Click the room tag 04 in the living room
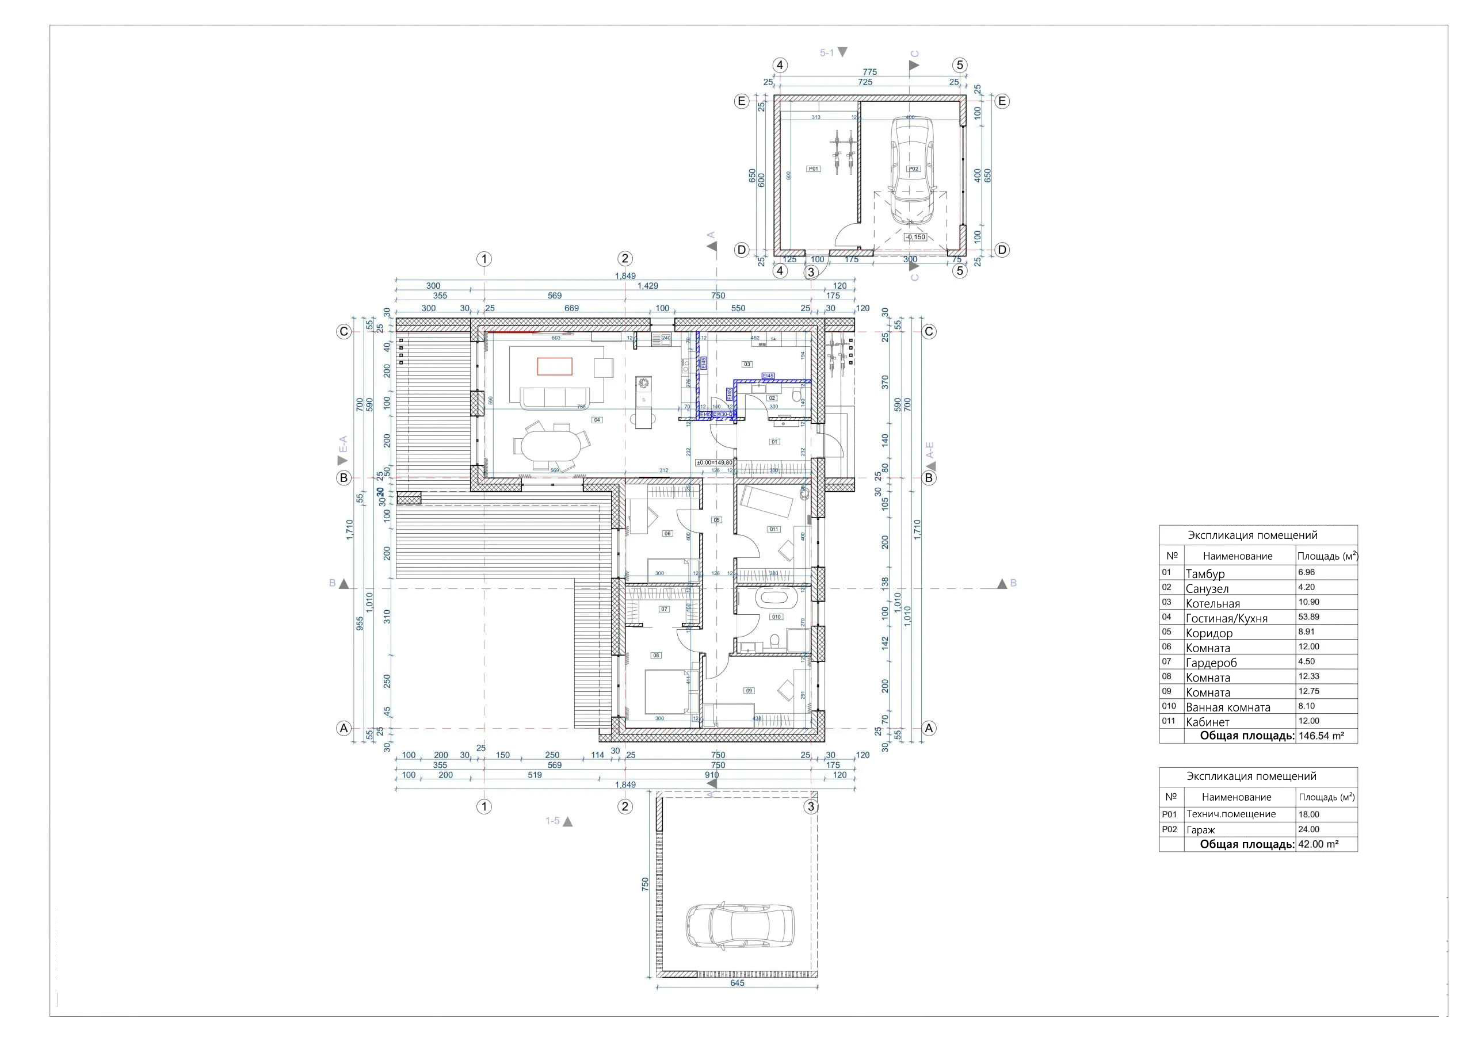[597, 420]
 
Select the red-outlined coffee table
[555, 366]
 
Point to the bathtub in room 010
[776, 600]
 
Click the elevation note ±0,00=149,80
[714, 462]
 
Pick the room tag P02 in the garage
[914, 169]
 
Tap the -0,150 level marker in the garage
[915, 237]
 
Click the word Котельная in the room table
[1212, 603]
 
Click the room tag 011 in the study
[774, 529]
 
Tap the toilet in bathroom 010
[774, 641]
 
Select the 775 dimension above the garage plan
[869, 72]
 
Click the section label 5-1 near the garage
[827, 52]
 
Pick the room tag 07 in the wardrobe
[664, 608]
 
